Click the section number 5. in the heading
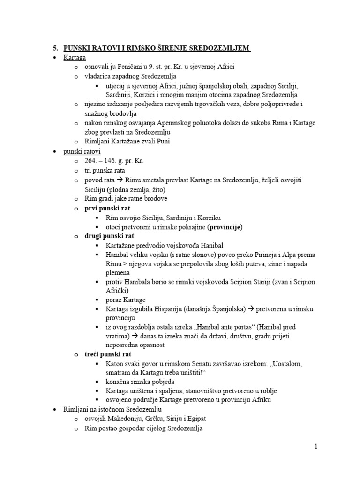point(55,48)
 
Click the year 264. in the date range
point(92,161)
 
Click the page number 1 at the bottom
point(316,447)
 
